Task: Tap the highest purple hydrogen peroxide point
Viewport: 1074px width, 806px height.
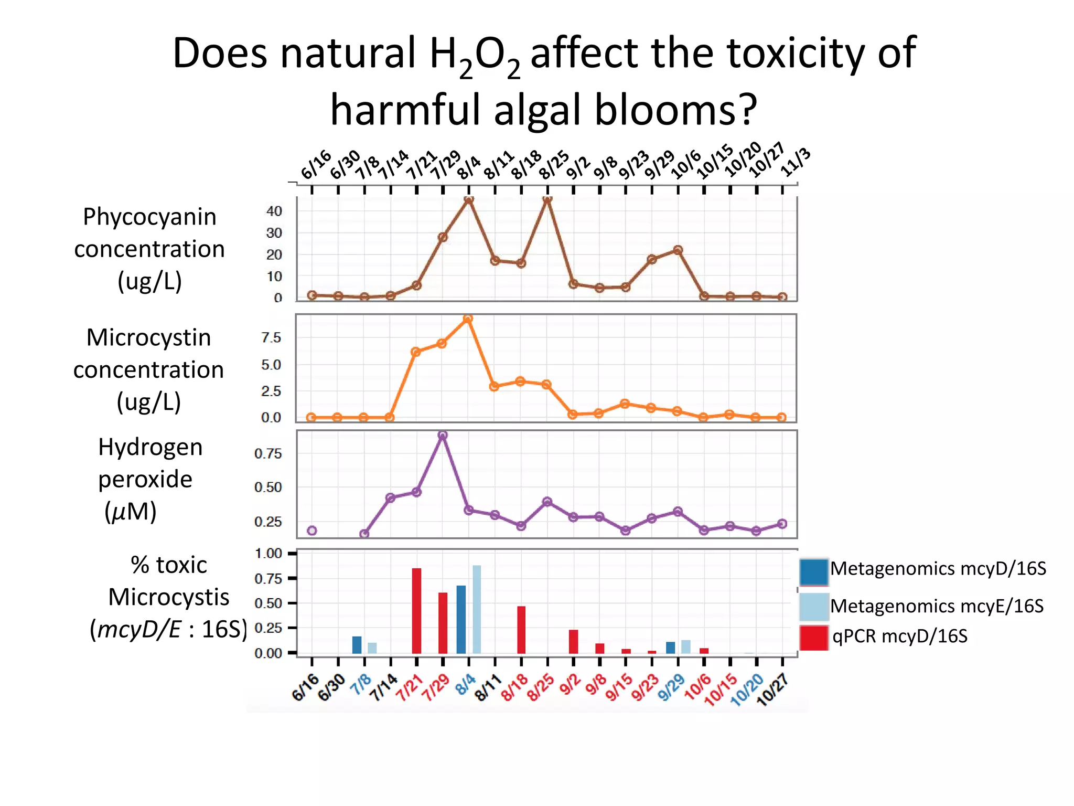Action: [443, 435]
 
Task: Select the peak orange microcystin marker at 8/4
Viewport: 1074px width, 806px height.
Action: [468, 319]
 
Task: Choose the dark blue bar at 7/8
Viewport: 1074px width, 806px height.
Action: [357, 644]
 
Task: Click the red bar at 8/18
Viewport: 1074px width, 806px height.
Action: [521, 630]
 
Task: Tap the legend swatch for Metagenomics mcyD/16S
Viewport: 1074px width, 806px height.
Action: [813, 571]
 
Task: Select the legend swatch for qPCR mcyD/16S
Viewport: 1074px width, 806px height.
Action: [813, 638]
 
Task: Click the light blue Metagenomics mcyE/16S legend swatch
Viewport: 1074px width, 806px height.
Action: [813, 606]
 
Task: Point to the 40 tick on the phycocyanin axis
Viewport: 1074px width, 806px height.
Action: [274, 211]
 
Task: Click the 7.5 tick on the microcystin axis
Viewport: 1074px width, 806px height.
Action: [271, 338]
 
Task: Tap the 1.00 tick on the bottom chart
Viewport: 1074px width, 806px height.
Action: [268, 553]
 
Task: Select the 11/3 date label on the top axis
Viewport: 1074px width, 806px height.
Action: [796, 163]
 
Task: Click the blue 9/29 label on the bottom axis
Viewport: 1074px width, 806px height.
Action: [672, 687]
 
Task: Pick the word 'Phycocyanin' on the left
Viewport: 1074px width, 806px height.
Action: [149, 217]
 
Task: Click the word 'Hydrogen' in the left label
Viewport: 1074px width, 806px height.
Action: [150, 447]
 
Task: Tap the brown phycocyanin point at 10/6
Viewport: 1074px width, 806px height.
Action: [678, 250]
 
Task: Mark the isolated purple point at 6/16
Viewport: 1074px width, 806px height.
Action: [312, 531]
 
